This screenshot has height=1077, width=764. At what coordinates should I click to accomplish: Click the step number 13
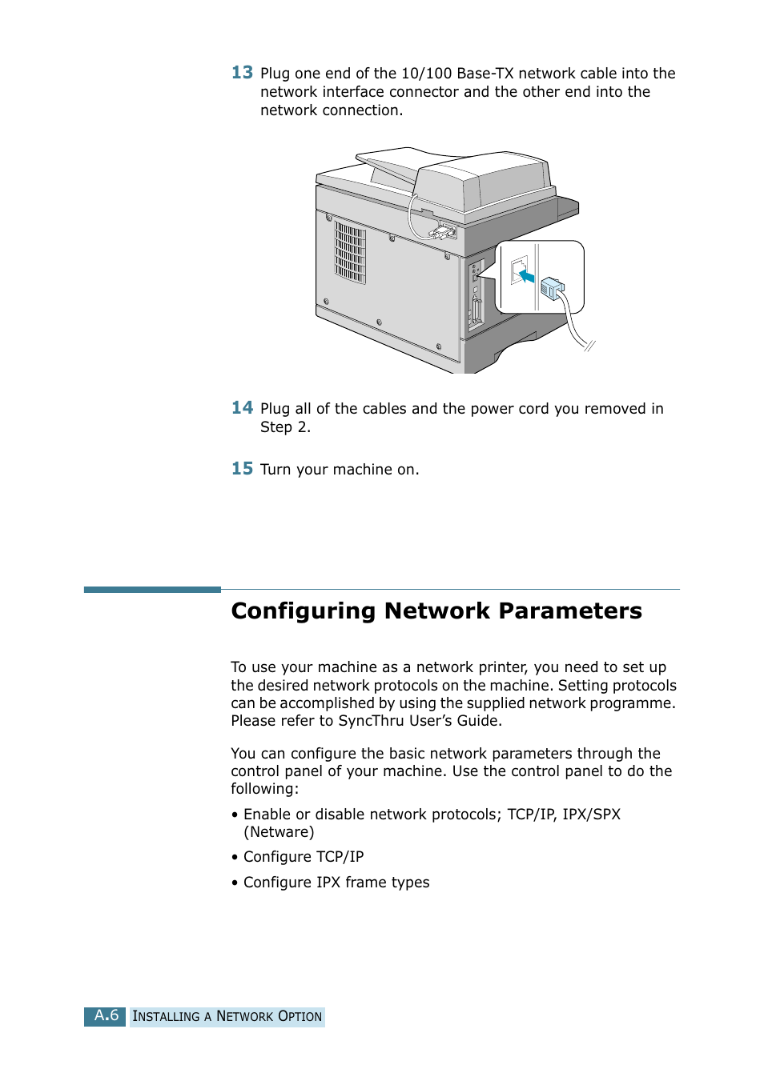(242, 73)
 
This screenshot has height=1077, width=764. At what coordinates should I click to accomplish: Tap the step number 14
(242, 408)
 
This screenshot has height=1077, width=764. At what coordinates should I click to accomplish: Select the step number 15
(242, 469)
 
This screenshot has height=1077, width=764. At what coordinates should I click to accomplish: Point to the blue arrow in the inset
(525, 276)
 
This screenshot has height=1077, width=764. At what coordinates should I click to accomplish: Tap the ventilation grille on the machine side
(350, 252)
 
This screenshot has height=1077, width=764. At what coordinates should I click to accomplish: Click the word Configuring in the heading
(303, 611)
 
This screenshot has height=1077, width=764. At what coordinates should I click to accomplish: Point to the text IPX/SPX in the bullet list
(591, 815)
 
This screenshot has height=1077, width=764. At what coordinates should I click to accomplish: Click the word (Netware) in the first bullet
(279, 832)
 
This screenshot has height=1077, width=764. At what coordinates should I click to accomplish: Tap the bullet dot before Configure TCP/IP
(235, 858)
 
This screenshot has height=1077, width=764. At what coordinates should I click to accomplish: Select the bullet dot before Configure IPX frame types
(235, 883)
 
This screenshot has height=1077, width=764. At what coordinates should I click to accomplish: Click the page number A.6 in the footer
(106, 1016)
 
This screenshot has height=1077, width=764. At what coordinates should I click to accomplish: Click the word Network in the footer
(244, 1017)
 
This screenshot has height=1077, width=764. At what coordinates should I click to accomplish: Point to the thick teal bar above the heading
(152, 590)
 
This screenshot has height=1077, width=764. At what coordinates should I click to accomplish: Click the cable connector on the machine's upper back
(442, 232)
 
